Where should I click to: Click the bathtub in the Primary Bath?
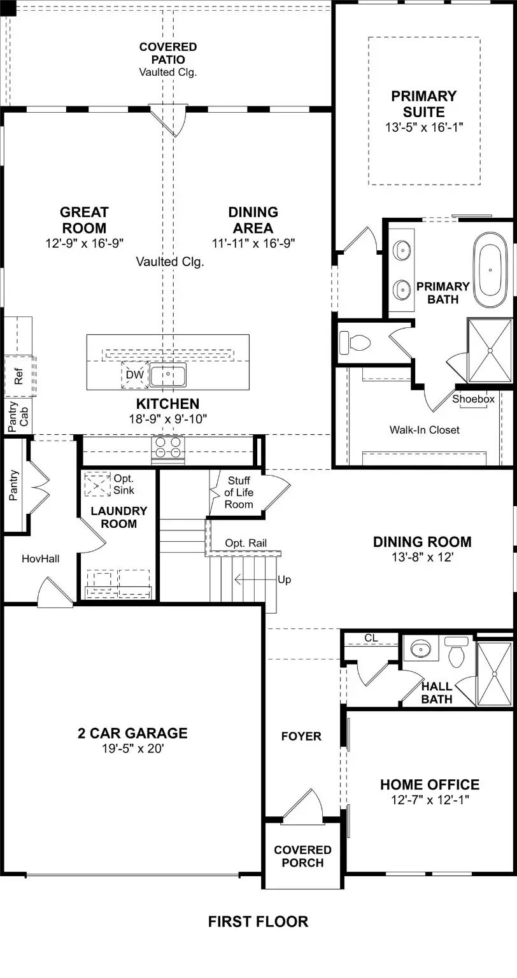[x=490, y=268]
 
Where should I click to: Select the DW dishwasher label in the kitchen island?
[x=134, y=375]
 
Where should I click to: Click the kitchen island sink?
[x=168, y=375]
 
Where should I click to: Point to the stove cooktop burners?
[x=168, y=447]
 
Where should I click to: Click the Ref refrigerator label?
[x=18, y=376]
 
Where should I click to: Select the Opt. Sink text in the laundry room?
[x=124, y=484]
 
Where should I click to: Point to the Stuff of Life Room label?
[x=239, y=492]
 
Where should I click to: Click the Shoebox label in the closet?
[x=473, y=399]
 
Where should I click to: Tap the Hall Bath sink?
[x=421, y=650]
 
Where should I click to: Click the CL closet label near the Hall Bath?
[x=371, y=637]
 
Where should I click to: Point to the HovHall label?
[x=40, y=558]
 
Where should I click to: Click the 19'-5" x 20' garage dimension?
[x=132, y=749]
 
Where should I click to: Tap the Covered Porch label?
[x=302, y=856]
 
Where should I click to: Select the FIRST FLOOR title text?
[x=258, y=921]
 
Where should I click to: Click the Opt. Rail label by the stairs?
[x=246, y=543]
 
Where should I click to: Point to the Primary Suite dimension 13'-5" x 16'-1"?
[x=423, y=127]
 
